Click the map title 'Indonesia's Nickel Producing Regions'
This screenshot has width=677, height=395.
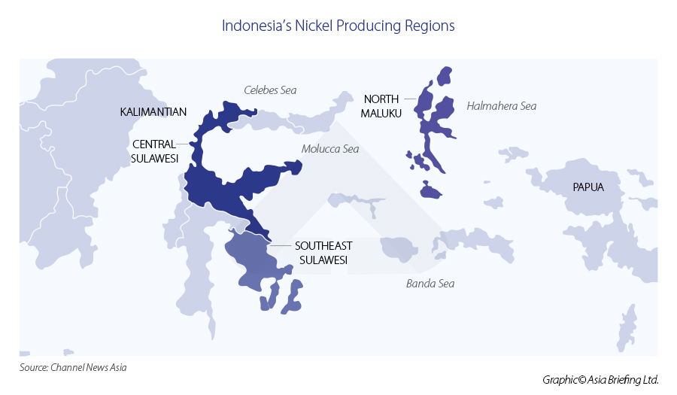click(338, 26)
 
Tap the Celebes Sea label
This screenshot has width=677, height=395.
click(270, 90)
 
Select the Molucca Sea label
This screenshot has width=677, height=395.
click(330, 149)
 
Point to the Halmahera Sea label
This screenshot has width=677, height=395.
click(501, 106)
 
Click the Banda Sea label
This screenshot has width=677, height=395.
click(430, 284)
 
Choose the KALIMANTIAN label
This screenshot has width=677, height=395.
click(153, 112)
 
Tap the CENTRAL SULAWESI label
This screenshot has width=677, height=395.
click(154, 150)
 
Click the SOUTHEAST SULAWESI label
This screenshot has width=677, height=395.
click(323, 253)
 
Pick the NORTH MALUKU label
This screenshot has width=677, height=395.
click(382, 105)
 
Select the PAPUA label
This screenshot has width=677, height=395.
click(587, 187)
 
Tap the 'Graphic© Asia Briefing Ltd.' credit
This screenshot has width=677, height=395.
click(600, 380)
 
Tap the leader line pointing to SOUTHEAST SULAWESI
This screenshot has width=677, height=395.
click(280, 245)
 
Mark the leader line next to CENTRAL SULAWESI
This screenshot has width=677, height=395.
click(185, 143)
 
